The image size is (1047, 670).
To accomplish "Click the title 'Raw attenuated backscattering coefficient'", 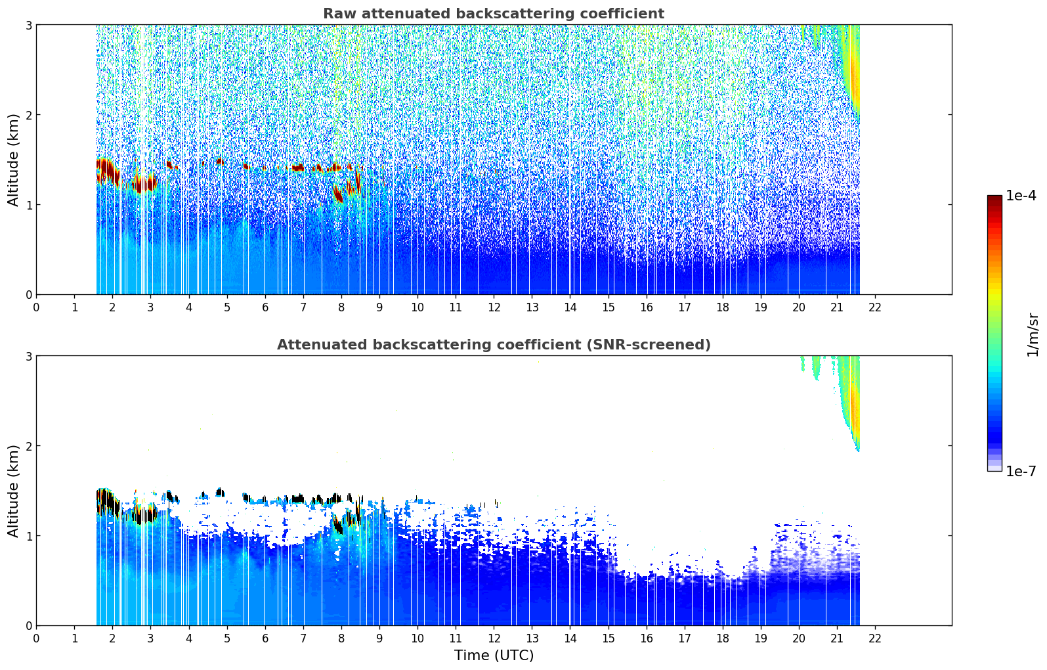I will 493,14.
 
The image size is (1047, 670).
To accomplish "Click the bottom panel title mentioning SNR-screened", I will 493,345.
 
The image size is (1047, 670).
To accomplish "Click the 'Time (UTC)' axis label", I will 494,656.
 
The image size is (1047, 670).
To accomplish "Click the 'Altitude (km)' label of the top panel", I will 14,160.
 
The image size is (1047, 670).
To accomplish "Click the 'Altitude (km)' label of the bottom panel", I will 14,491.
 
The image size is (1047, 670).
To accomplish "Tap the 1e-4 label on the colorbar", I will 1021,196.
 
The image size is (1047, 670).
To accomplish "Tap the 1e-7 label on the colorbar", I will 1021,471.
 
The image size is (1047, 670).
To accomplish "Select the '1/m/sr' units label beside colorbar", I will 1033,334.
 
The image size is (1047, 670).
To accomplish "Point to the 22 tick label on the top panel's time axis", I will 875,307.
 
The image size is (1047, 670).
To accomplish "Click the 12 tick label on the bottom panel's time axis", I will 494,638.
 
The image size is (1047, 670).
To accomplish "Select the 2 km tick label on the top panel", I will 28,115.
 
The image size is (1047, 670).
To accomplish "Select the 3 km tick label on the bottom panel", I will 28,356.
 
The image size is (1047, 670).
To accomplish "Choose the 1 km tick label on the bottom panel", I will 28,536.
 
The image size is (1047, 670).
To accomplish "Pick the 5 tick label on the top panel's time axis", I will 227,307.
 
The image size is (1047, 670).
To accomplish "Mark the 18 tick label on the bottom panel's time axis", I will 723,638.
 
